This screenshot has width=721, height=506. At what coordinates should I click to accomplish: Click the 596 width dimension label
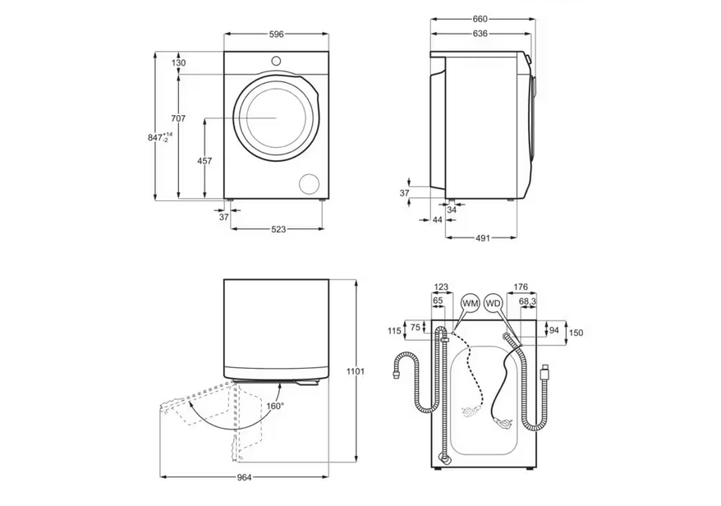pyautogui.click(x=276, y=34)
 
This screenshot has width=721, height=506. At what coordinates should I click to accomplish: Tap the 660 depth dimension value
pyautogui.click(x=480, y=20)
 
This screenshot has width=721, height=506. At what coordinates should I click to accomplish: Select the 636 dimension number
pyautogui.click(x=480, y=34)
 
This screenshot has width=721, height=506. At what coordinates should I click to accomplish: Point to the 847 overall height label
pyautogui.click(x=160, y=137)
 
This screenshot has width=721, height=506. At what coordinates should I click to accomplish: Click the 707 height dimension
pyautogui.click(x=178, y=118)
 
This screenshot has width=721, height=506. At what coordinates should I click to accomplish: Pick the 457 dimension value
pyautogui.click(x=204, y=161)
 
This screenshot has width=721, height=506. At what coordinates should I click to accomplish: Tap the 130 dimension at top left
pyautogui.click(x=178, y=63)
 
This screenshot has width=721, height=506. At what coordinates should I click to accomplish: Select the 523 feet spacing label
pyautogui.click(x=278, y=229)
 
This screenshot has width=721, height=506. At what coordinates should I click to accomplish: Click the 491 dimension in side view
pyautogui.click(x=482, y=238)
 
